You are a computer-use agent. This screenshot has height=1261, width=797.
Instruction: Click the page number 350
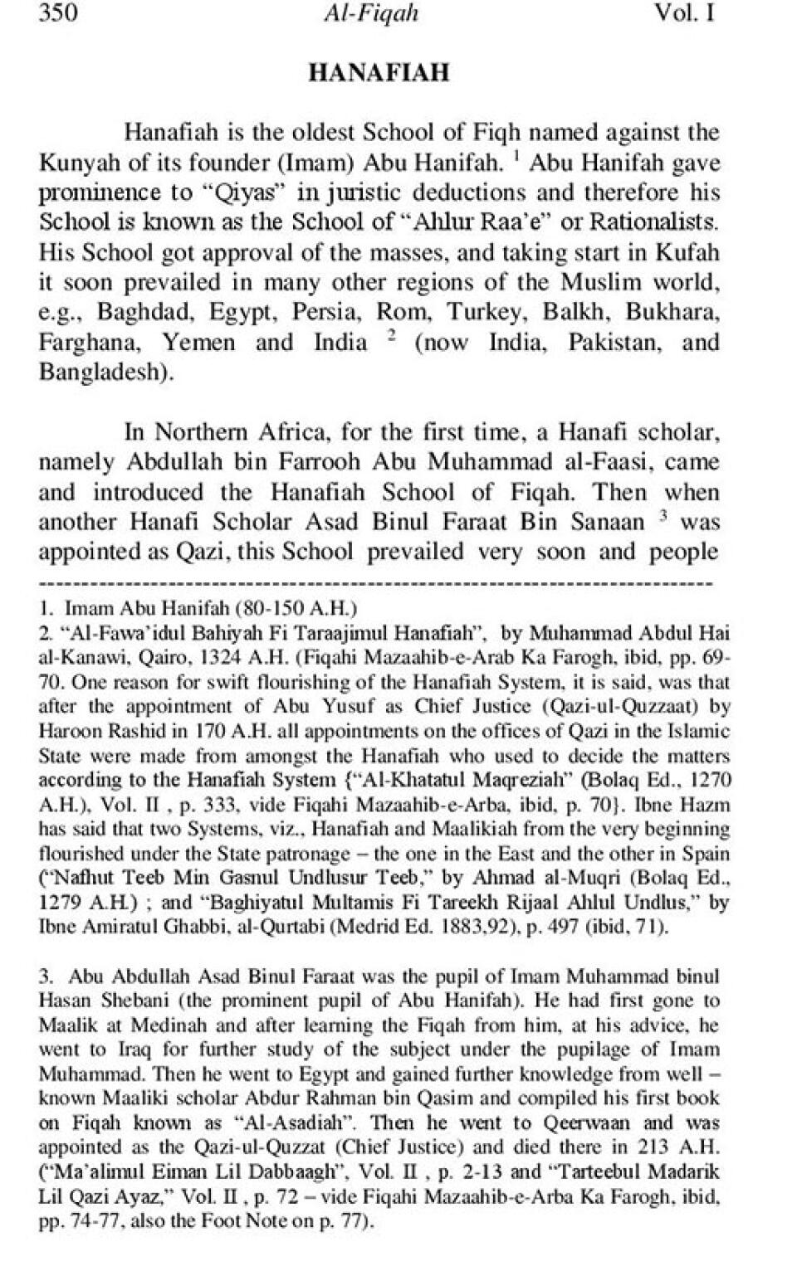[x=58, y=13]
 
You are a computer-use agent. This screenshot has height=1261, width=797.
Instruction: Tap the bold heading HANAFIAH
[x=379, y=73]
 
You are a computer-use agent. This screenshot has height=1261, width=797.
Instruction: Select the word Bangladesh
[x=105, y=372]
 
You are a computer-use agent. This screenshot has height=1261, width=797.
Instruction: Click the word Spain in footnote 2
[x=708, y=854]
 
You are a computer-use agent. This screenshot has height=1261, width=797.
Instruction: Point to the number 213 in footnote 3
[x=654, y=1148]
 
